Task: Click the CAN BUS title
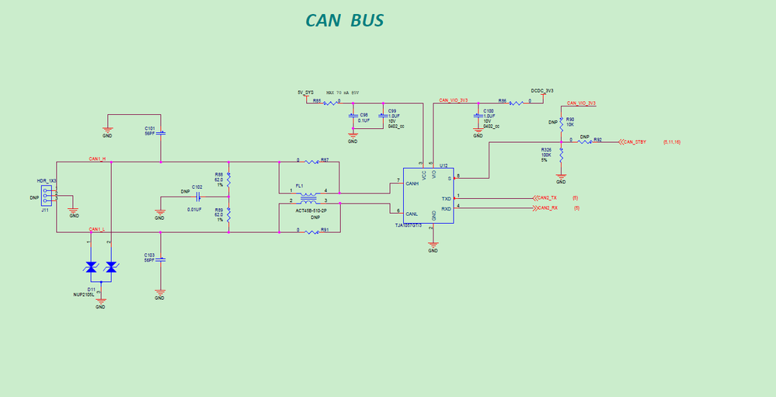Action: click(x=344, y=20)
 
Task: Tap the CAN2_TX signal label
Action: click(x=547, y=198)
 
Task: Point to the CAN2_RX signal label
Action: click(x=547, y=208)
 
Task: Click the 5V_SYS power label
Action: click(x=306, y=92)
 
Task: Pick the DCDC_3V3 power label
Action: click(x=542, y=91)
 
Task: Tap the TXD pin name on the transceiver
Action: click(x=446, y=199)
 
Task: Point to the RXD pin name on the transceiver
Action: click(x=446, y=208)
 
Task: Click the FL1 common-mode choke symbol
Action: click(x=308, y=196)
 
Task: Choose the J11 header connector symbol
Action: click(x=48, y=194)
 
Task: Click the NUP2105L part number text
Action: click(x=83, y=295)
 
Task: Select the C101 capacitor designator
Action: click(x=149, y=128)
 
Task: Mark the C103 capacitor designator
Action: click(x=149, y=254)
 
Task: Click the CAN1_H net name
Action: click(x=97, y=159)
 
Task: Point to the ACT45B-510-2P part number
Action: click(x=311, y=211)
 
